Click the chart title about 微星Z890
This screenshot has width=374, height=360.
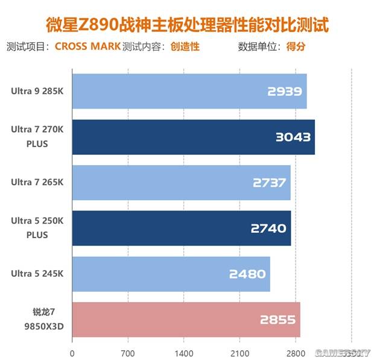click(188, 26)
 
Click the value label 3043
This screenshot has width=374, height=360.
click(293, 137)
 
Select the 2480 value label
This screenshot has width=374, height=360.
click(247, 274)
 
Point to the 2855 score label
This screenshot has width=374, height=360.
click(279, 320)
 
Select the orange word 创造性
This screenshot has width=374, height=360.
click(185, 46)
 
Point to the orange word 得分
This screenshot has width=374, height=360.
click(296, 46)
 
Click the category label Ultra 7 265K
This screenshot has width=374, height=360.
click(36, 183)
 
